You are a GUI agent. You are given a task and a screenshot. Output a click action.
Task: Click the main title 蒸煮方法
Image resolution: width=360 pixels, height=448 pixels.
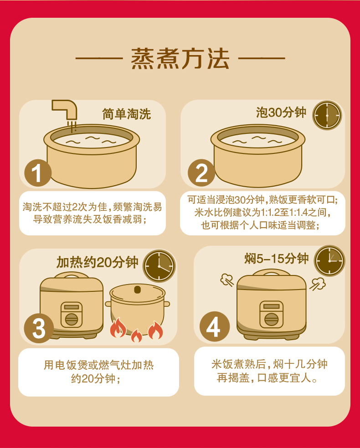[x=180, y=59]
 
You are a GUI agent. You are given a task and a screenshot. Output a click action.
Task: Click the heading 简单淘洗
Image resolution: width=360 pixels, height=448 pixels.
[x=126, y=114]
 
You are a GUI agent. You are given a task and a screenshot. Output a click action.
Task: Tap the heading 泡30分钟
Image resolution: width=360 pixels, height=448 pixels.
[x=281, y=112]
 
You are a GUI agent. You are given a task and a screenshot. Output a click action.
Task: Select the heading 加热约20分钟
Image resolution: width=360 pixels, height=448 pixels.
[x=97, y=262]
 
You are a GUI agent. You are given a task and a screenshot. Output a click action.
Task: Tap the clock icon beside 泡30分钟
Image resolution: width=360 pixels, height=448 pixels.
[x=327, y=115]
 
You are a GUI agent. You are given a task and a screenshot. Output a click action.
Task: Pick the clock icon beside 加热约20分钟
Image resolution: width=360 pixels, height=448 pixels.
[x=159, y=266]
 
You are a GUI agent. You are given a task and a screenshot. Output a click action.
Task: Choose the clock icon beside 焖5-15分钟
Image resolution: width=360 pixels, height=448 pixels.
[x=329, y=260]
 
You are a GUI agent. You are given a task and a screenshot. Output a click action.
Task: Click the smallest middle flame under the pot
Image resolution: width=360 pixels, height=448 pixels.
[x=136, y=336]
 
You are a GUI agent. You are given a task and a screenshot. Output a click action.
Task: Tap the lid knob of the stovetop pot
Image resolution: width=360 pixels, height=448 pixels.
[x=137, y=289]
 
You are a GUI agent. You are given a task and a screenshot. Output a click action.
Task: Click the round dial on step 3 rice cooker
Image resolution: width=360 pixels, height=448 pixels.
[x=72, y=319]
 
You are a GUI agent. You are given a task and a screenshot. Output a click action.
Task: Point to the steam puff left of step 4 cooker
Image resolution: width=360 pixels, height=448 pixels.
[x=226, y=279]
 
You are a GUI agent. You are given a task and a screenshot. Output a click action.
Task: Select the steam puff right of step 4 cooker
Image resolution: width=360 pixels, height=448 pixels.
[x=318, y=284]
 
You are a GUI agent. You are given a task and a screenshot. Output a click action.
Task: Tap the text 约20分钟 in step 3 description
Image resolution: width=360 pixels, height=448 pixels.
[x=96, y=378]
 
